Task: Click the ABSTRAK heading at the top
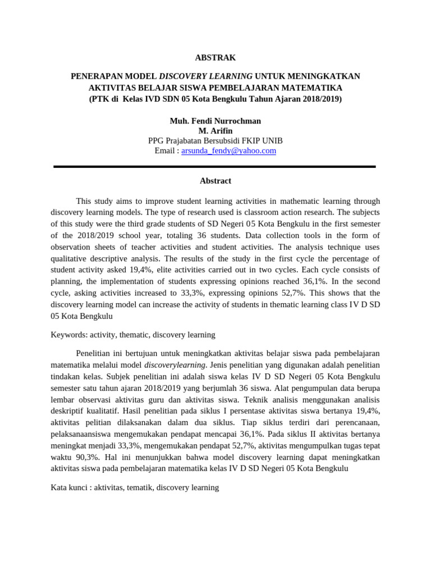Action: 215,57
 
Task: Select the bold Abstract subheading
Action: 215,181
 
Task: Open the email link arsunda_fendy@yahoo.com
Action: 228,150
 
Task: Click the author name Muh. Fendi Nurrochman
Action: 215,121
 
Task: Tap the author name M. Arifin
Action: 215,131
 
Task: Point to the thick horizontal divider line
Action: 215,167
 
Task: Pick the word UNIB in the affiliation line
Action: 272,140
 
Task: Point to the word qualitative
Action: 70,258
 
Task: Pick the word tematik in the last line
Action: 139,487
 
